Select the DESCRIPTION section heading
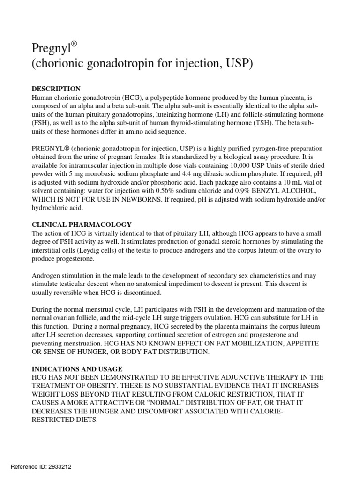[x=56, y=89]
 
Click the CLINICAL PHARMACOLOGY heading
[x=82, y=225]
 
